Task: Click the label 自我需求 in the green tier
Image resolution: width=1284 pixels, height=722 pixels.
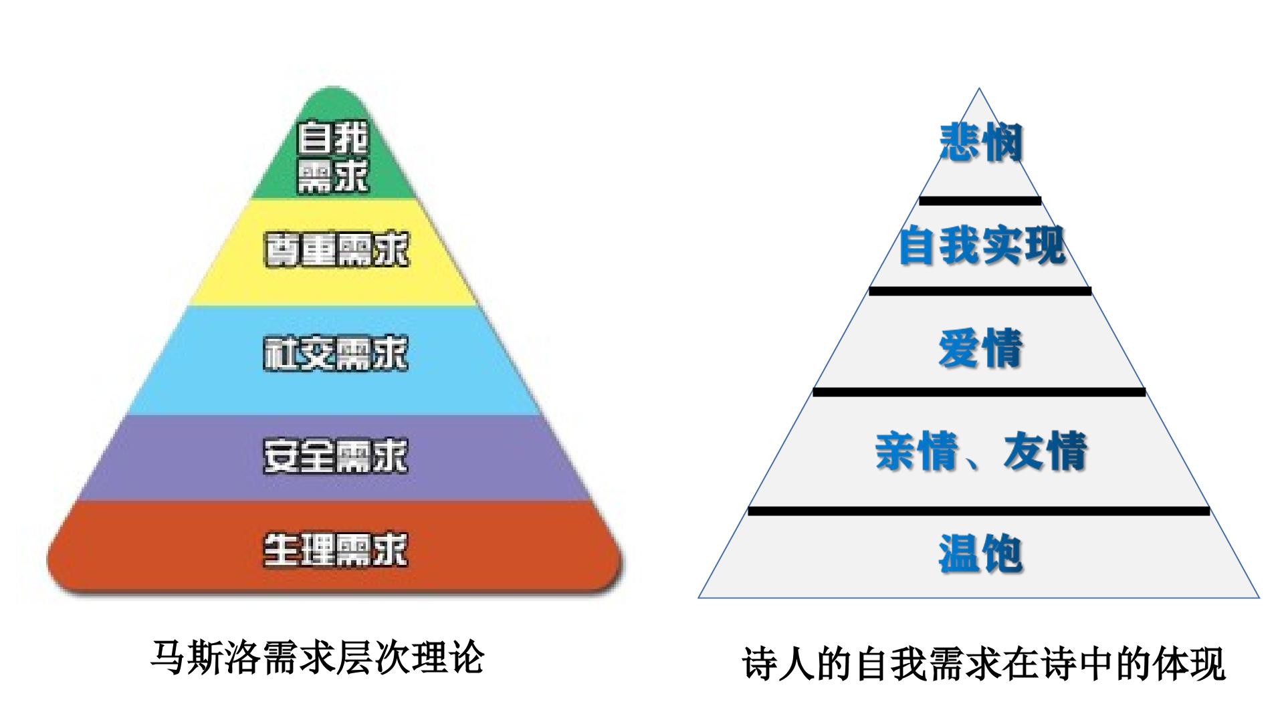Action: [x=332, y=156]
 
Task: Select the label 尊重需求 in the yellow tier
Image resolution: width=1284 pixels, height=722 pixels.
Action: [x=336, y=251]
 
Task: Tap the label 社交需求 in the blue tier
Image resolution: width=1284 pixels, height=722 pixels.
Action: [x=336, y=354]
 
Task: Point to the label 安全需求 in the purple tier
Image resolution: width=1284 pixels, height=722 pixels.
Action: [x=336, y=456]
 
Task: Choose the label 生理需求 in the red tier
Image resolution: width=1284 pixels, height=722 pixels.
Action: [x=336, y=550]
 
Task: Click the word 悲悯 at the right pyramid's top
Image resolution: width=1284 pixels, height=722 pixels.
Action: [x=981, y=142]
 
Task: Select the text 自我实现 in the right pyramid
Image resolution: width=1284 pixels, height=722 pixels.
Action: [x=981, y=245]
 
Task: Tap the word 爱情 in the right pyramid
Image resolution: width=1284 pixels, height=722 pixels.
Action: [x=981, y=348]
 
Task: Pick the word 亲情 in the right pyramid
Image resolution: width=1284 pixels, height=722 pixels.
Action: [x=918, y=451]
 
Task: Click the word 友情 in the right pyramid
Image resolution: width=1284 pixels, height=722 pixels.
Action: [x=1045, y=451]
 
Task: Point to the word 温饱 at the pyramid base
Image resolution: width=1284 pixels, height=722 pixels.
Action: [x=981, y=554]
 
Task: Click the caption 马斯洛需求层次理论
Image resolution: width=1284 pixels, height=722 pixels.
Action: [x=316, y=657]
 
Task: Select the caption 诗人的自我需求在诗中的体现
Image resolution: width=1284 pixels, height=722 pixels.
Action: [x=984, y=663]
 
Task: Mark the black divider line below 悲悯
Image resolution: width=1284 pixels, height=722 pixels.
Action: [x=980, y=201]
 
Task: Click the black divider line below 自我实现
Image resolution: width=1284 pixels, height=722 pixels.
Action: [x=980, y=291]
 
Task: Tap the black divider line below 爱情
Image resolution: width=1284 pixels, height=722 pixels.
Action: [x=980, y=392]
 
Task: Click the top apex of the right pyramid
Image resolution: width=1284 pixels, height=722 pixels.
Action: [x=979, y=88]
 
